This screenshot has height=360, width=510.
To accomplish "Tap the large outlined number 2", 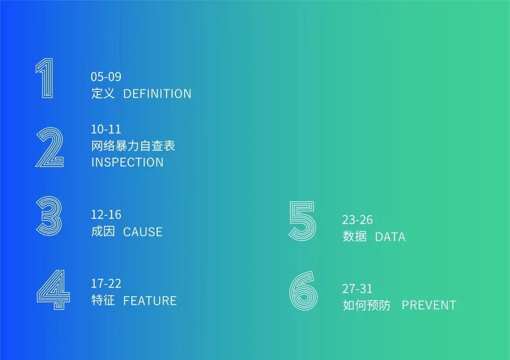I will tap(50, 147).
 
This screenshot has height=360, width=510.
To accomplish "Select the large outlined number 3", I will tap(49, 216).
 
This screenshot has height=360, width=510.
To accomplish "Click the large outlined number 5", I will tap(302, 221).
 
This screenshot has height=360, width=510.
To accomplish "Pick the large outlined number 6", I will tap(304, 291).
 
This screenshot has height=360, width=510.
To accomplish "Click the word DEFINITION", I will tap(157, 94).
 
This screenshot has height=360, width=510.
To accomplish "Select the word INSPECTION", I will tap(127, 162).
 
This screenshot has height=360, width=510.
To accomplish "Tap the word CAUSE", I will tap(143, 231).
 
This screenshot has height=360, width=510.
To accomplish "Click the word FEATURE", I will tap(150, 300).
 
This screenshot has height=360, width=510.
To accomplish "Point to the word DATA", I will tap(390, 237).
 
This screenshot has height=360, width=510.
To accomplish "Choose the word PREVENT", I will tap(429, 305).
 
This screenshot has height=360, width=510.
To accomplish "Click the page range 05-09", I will tap(106, 77).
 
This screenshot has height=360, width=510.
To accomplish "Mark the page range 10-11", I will tap(106, 129).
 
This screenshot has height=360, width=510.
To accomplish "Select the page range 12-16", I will tap(106, 214).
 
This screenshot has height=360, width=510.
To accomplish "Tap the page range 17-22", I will tap(106, 283).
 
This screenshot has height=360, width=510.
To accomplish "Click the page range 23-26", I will tap(357, 220).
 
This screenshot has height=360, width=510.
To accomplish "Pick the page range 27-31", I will tap(357, 289).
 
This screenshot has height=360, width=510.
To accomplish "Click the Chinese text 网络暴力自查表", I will tap(133, 146).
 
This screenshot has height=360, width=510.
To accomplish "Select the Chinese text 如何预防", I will tap(366, 305).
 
